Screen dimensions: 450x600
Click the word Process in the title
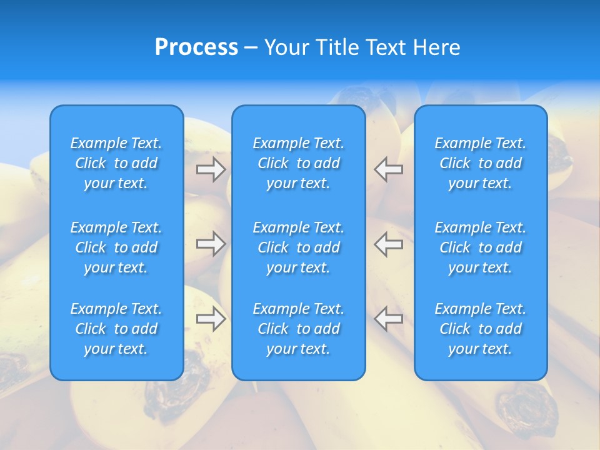[196, 47]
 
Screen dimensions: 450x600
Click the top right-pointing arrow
[211, 169]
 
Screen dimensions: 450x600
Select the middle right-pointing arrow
[211, 244]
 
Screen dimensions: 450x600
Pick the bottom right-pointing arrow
[211, 319]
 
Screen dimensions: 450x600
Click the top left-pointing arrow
[388, 169]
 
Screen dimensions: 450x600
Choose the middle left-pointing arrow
[388, 244]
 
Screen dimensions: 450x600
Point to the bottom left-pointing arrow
[388, 319]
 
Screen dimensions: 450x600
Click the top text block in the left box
[116, 163]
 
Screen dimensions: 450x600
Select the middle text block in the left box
[116, 247]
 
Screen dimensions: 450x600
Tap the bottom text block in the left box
[116, 329]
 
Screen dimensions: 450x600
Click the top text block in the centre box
[298, 163]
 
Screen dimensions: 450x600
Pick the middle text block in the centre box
[298, 247]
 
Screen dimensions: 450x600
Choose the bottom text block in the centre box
[298, 329]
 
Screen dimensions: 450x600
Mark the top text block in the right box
[481, 163]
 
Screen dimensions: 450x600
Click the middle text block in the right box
[481, 247]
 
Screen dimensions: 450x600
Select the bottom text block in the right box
[481, 329]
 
